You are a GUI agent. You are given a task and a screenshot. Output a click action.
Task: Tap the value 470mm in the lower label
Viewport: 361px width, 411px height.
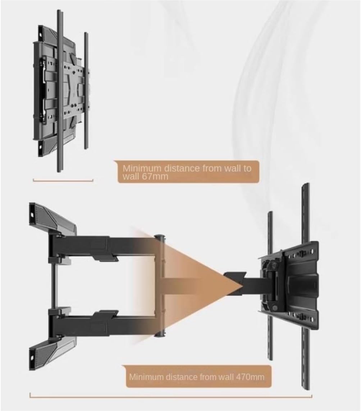click(250, 377)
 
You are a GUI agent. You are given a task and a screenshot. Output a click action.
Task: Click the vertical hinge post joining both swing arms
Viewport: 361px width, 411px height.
click(160, 286)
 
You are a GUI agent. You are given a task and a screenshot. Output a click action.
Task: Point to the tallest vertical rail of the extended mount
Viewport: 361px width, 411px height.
click(306, 287)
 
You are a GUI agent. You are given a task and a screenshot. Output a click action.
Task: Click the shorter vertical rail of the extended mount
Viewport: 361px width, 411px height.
click(270, 286)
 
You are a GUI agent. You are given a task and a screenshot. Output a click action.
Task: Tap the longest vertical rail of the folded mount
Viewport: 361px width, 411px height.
click(60, 91)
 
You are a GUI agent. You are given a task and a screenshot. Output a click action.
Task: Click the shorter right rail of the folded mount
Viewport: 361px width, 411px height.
click(86, 91)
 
